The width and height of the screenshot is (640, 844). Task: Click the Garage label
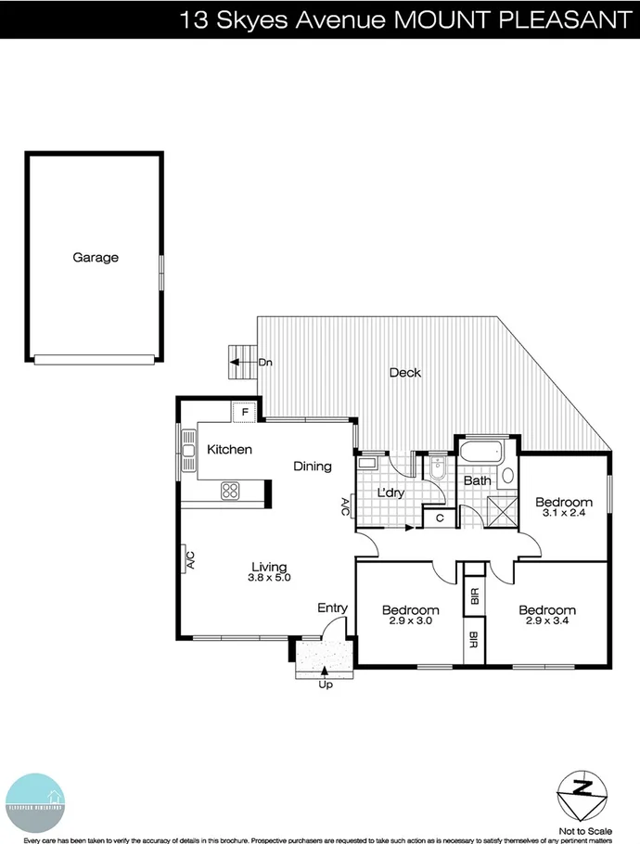click(96, 258)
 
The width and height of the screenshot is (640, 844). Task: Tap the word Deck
click(404, 373)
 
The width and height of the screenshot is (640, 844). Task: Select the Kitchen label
click(229, 450)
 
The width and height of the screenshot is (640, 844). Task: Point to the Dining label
click(313, 467)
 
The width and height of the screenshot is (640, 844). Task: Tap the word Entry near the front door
click(332, 608)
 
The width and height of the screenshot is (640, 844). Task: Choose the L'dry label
click(390, 492)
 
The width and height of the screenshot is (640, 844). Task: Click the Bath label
click(477, 481)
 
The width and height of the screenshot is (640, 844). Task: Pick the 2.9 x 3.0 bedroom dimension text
click(411, 622)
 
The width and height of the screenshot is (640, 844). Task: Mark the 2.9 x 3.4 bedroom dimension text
click(546, 622)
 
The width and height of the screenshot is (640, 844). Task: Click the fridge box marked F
click(245, 411)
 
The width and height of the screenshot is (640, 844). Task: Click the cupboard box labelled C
click(440, 518)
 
